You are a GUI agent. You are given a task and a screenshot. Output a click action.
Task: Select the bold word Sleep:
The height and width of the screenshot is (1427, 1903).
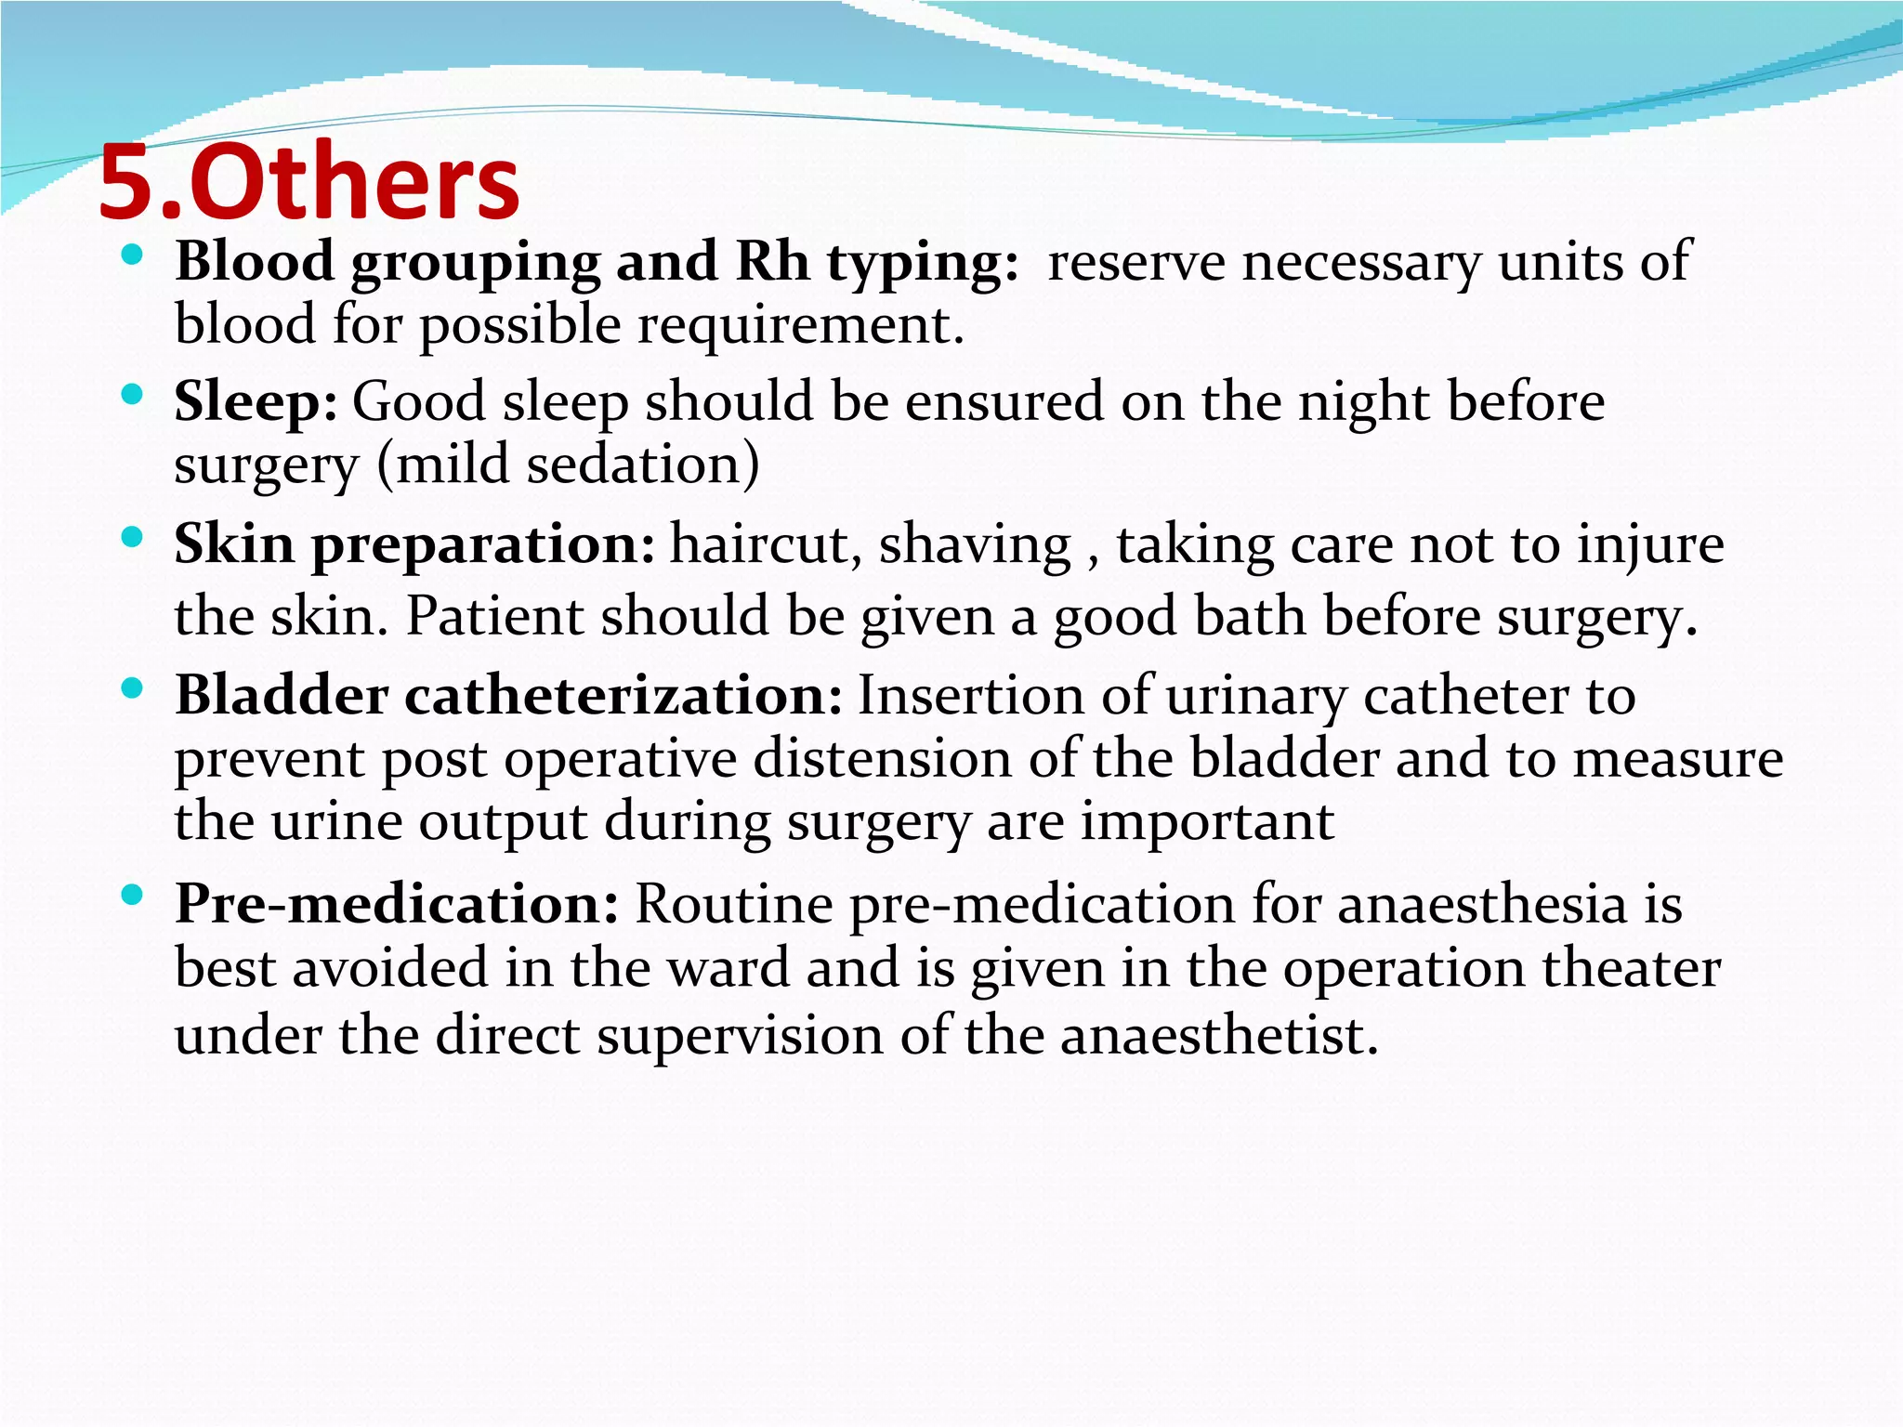[256, 402]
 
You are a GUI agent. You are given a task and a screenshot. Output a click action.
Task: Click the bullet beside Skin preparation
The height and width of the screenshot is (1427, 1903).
[132, 536]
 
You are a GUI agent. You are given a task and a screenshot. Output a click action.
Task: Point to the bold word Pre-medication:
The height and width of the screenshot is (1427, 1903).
[397, 903]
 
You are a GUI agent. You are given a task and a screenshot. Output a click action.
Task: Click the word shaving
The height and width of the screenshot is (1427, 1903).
[975, 545]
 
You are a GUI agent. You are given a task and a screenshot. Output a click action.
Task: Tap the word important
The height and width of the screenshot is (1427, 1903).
[1207, 821]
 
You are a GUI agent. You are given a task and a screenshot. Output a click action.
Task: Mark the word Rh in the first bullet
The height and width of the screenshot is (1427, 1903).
[772, 261]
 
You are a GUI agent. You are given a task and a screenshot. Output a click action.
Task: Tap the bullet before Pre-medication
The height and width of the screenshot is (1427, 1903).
[132, 896]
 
